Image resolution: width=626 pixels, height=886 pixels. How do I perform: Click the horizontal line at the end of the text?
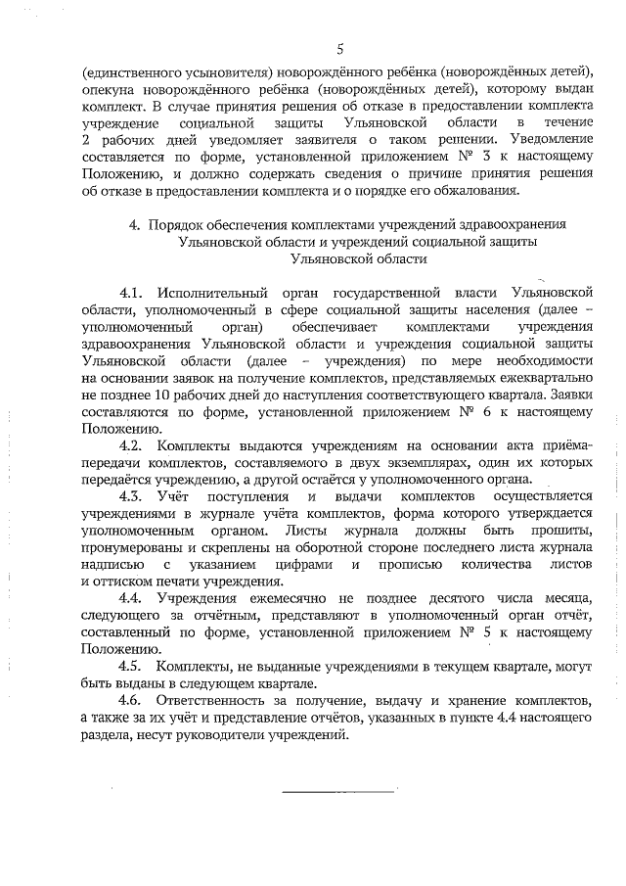(x=338, y=789)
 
